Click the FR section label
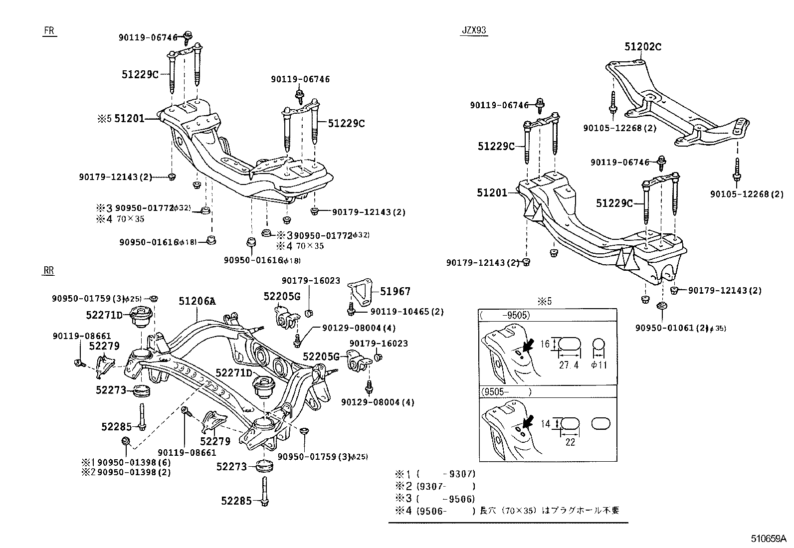point(49,30)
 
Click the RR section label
point(48,271)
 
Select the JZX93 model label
point(473,30)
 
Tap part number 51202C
point(643,47)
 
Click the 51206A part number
point(198,301)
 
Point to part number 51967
point(395,291)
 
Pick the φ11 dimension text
point(599,365)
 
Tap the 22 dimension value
point(570,442)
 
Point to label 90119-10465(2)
point(406,312)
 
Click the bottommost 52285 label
point(236,500)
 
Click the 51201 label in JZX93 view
point(491,192)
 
